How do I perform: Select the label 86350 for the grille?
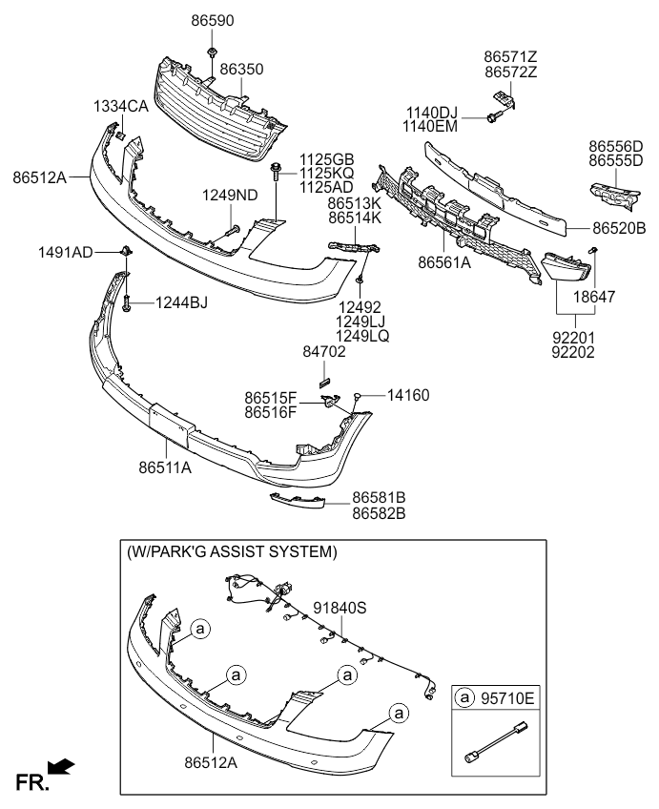242,70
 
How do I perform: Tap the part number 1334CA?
120,107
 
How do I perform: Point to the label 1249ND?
229,196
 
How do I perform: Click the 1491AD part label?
66,252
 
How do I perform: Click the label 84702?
325,352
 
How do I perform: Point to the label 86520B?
619,229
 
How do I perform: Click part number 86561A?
444,260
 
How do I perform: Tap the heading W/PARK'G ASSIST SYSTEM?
232,551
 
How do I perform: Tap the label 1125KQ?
327,173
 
